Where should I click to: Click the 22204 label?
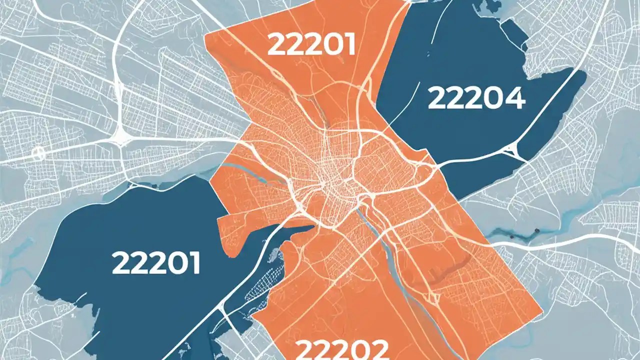pos(476,98)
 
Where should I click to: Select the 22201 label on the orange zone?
pos(311,45)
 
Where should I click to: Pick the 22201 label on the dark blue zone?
pos(155,262)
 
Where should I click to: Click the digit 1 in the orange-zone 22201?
pos(348,45)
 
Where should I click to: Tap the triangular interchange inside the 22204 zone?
pos(515,149)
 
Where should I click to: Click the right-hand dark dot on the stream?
pos(536,231)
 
